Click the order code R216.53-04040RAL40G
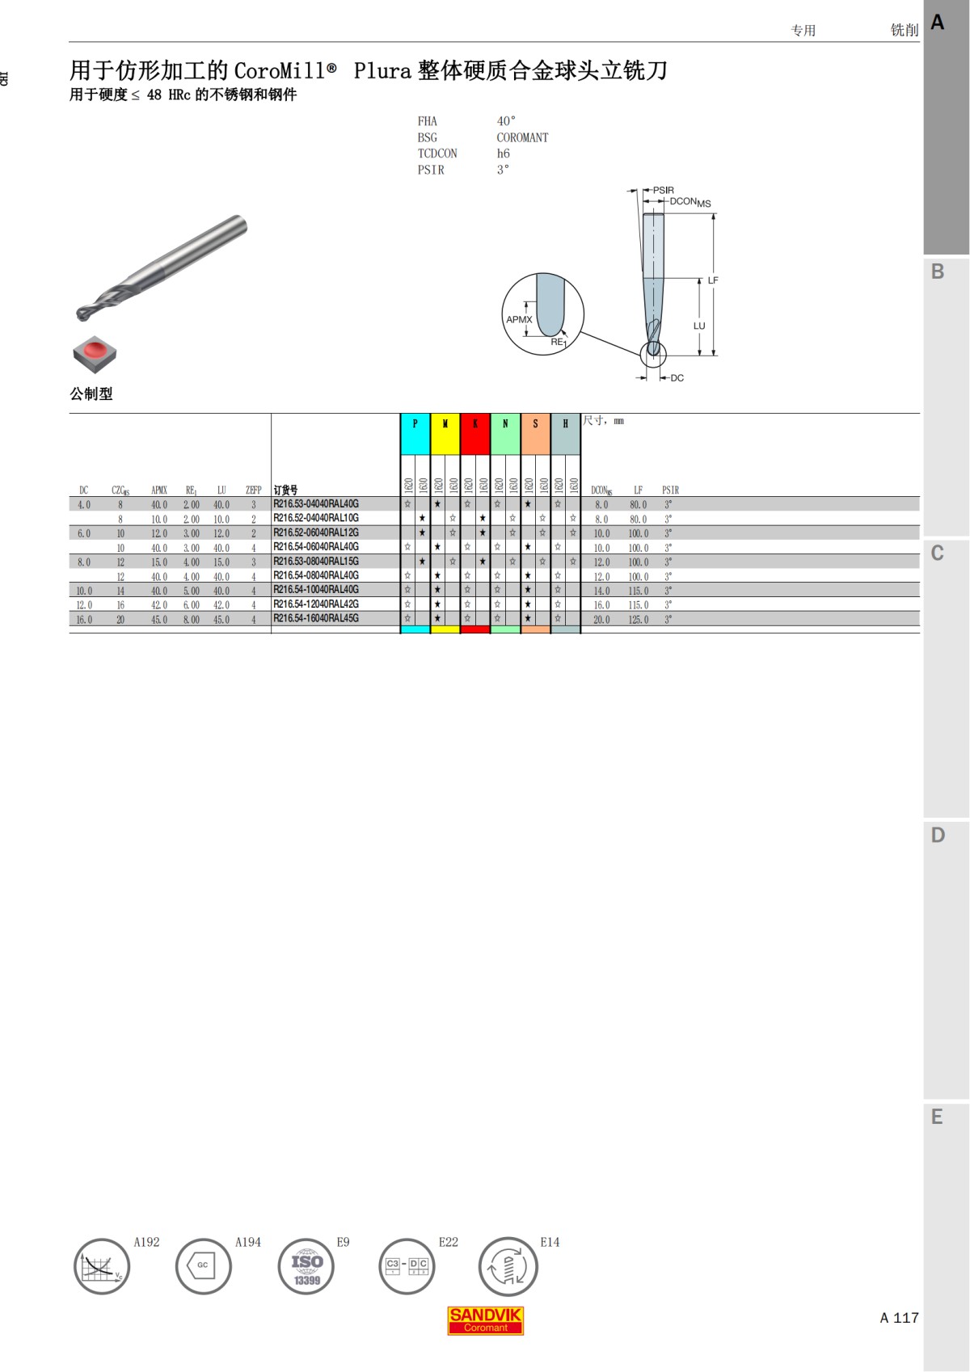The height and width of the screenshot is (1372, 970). [316, 504]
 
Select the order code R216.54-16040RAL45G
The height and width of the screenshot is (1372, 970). [316, 619]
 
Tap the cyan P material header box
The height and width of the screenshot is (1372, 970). [415, 435]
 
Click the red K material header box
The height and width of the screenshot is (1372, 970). [475, 435]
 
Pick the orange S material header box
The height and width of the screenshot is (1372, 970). [535, 435]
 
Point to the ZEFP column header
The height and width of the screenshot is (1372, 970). [253, 490]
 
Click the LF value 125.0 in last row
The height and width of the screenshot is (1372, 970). [639, 620]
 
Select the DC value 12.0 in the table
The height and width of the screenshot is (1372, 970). [84, 605]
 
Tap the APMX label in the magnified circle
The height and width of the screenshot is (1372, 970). [519, 319]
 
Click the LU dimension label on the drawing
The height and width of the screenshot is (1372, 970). [699, 326]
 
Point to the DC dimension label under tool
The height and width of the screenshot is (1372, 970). [677, 378]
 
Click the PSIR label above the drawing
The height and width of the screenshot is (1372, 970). [663, 191]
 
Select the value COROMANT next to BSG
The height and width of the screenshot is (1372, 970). [522, 138]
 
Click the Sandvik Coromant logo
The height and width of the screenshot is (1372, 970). [485, 1320]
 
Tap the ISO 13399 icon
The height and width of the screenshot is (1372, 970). [306, 1267]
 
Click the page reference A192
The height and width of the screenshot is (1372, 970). [146, 1242]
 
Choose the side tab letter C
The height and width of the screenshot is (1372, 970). [938, 553]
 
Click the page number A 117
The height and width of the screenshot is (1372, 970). [899, 1318]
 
